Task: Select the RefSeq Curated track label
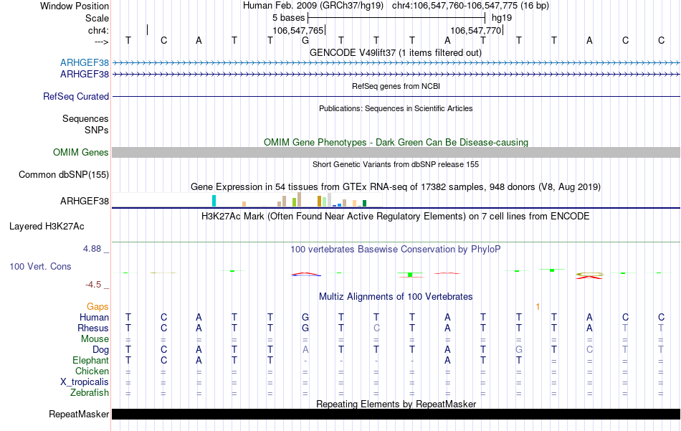(x=76, y=96)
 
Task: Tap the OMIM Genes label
(x=81, y=152)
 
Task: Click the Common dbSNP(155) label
(x=64, y=174)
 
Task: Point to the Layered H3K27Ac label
(x=47, y=226)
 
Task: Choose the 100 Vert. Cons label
(x=40, y=266)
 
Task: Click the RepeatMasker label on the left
(x=79, y=414)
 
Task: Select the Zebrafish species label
(x=90, y=392)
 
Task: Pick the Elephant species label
(x=90, y=360)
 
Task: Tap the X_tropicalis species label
(x=85, y=382)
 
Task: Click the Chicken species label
(x=92, y=371)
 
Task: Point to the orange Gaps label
(x=97, y=306)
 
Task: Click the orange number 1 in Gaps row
(x=538, y=306)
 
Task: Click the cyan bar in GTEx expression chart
(x=214, y=201)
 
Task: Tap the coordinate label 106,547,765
(x=298, y=30)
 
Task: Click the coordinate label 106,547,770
(x=475, y=30)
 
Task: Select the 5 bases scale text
(x=289, y=17)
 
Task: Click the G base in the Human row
(x=305, y=317)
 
